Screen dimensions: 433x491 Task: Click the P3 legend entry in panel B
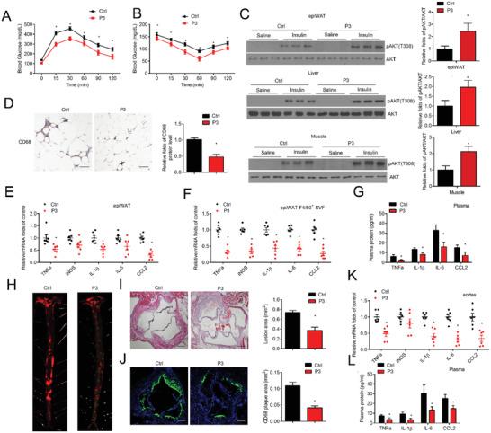[202, 22]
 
